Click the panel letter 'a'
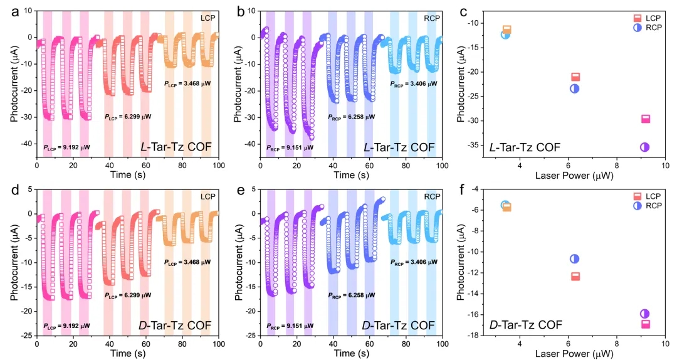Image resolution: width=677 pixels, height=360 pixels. click(8, 9)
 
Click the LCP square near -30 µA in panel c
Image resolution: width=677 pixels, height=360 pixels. click(645, 119)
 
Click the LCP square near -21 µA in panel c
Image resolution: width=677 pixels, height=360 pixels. click(575, 77)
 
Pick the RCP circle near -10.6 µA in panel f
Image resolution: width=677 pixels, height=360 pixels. click(574, 258)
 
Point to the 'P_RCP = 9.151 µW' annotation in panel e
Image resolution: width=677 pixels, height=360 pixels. click(290, 326)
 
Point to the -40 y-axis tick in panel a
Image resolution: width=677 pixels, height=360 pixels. click(25, 144)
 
